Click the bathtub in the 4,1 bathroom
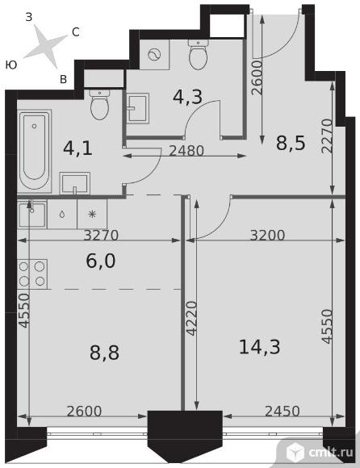[x=35, y=152]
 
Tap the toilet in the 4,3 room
[x=198, y=54]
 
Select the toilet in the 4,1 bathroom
[x=100, y=105]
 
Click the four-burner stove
[x=32, y=274]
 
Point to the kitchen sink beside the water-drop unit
[x=32, y=215]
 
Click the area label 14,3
[x=259, y=347]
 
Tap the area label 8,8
[x=104, y=352]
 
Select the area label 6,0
[x=101, y=261]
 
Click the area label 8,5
[x=291, y=143]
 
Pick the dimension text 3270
[x=101, y=235]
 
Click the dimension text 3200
[x=267, y=235]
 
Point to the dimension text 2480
[x=186, y=151]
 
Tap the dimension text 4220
[x=191, y=319]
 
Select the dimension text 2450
[x=282, y=412]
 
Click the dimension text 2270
[x=327, y=136]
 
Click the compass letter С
[x=76, y=32]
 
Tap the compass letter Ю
[x=11, y=65]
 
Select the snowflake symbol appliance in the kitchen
[x=92, y=214]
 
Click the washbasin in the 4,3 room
[x=137, y=108]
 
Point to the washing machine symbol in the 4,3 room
[x=155, y=54]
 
